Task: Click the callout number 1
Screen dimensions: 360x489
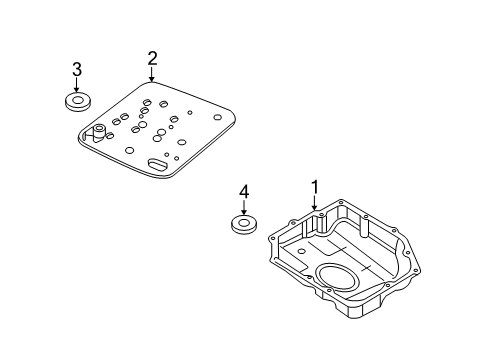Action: pyautogui.click(x=315, y=185)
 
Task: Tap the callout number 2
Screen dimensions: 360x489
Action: pyautogui.click(x=152, y=59)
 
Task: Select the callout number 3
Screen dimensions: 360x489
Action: pyautogui.click(x=76, y=69)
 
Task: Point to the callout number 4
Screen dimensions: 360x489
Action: pyautogui.click(x=243, y=192)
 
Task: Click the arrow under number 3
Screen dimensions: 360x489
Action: pyautogui.click(x=76, y=84)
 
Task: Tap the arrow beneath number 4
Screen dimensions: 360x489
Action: pyautogui.click(x=243, y=207)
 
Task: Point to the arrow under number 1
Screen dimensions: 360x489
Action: pyautogui.click(x=315, y=201)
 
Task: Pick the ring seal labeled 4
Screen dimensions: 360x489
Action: pyautogui.click(x=243, y=225)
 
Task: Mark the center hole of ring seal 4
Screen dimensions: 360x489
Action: pyautogui.click(x=243, y=222)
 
